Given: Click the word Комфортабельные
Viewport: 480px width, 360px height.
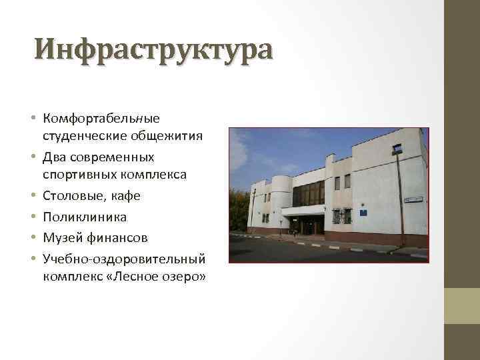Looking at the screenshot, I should [x=101, y=118].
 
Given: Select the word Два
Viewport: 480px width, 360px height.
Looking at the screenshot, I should [x=53, y=157].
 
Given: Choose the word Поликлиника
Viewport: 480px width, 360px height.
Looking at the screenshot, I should [x=85, y=217].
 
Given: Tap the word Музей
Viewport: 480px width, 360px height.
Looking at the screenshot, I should [x=60, y=237].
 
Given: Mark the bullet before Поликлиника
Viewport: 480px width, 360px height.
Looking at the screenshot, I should [x=33, y=217].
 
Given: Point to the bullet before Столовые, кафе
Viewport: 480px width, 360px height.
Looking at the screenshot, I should [x=33, y=197].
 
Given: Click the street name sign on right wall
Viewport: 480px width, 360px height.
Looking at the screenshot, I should [x=414, y=199].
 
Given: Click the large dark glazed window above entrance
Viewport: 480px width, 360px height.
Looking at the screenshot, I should [x=308, y=193].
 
